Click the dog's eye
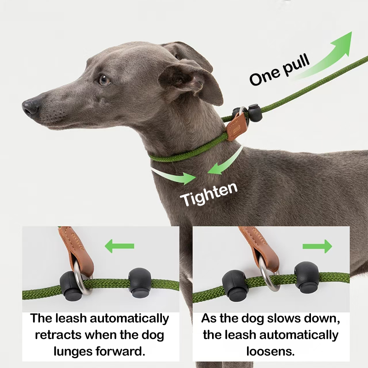tap(104, 80)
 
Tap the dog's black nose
tap(30, 107)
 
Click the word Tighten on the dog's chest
tap(209, 194)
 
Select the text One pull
tap(280, 70)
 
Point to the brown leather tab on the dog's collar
tap(236, 127)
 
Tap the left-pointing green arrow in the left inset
tap(119, 246)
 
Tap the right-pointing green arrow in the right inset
tap(317, 246)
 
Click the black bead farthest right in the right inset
tap(306, 277)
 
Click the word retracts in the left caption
tap(58, 335)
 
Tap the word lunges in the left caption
tap(73, 352)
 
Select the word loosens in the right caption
tap(270, 351)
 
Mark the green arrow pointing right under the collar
tap(174, 176)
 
